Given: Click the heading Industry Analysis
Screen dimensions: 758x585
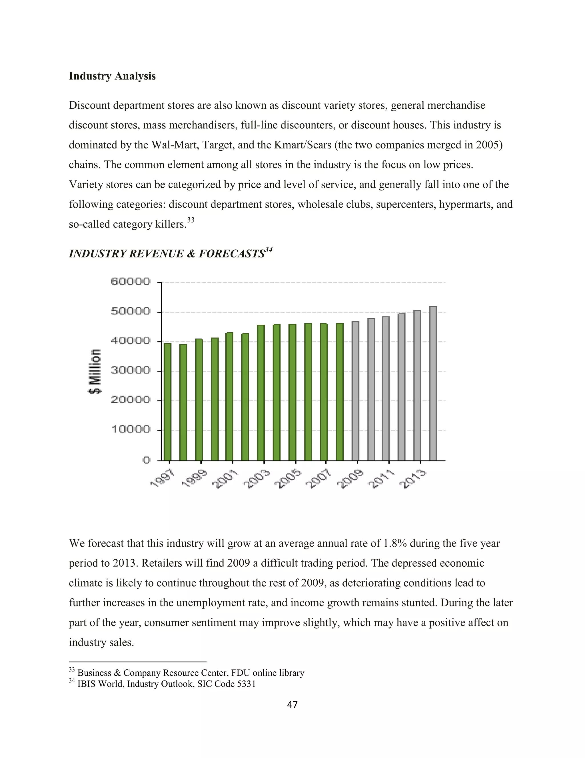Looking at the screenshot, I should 112,76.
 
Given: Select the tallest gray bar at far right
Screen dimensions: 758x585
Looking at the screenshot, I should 433,383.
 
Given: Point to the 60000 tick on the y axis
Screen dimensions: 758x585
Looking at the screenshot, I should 130,281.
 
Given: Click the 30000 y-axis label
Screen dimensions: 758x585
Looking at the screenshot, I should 130,370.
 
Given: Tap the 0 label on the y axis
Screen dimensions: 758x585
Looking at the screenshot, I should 146,460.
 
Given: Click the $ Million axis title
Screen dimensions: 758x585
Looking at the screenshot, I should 95,371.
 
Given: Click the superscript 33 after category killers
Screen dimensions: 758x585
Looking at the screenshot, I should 191,220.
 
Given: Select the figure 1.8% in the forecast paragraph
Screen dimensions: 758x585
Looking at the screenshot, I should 395,543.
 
